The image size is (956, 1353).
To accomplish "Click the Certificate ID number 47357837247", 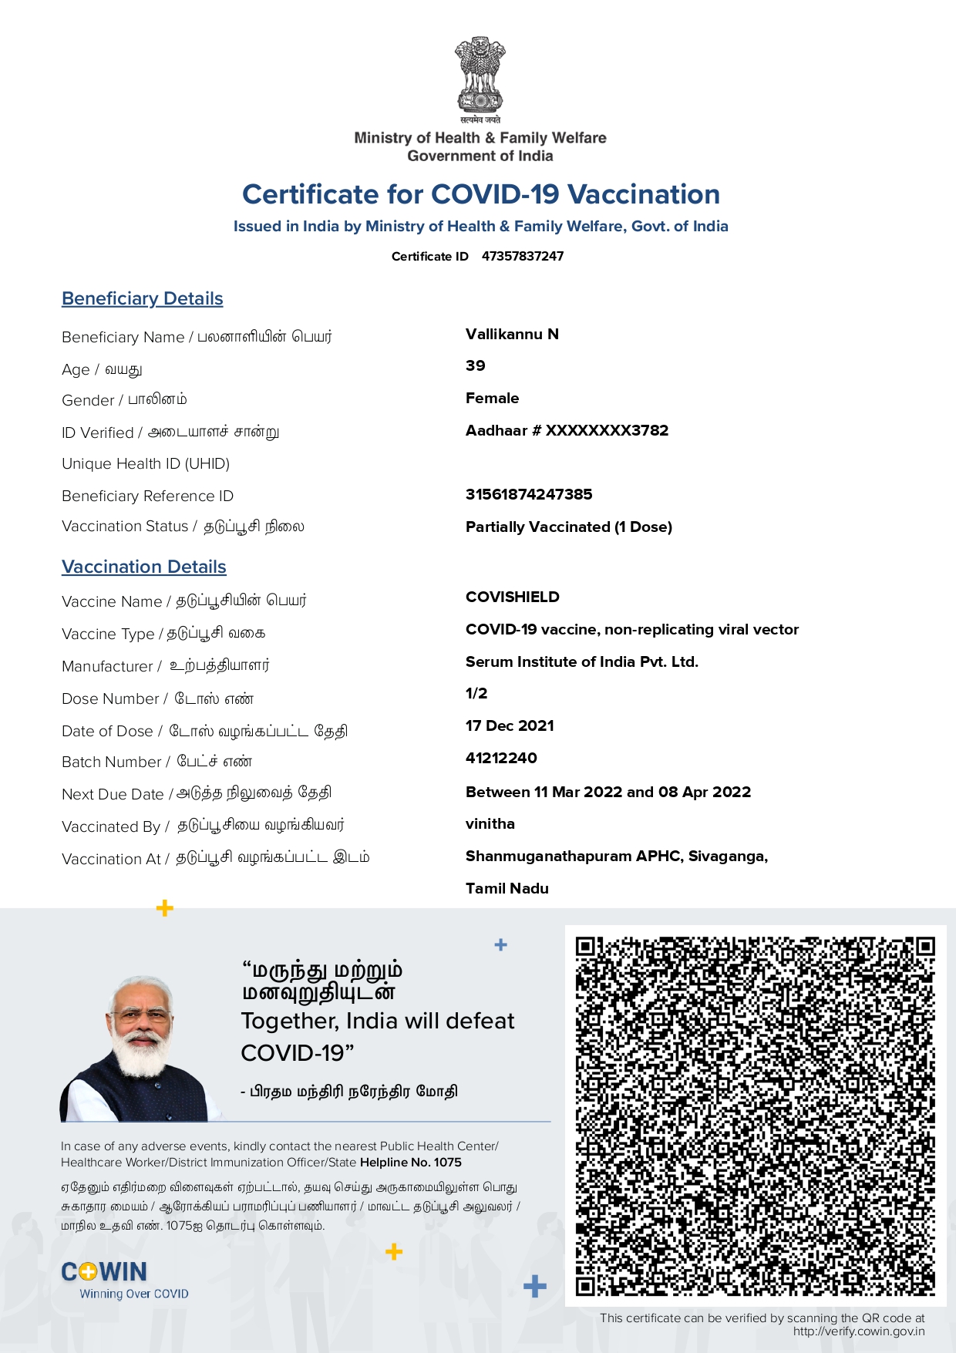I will [x=523, y=256].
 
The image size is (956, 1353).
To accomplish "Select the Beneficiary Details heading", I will [x=143, y=299].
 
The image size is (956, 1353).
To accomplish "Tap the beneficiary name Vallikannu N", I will [x=512, y=334].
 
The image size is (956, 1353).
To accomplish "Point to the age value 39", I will [x=476, y=366].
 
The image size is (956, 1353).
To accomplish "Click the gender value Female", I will [x=492, y=399].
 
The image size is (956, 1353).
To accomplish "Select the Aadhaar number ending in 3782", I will [x=567, y=430].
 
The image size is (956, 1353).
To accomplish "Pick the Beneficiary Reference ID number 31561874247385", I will [x=529, y=494].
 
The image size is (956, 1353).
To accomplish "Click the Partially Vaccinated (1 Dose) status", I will [x=568, y=527].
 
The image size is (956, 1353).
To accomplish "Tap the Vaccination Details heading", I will [x=144, y=567].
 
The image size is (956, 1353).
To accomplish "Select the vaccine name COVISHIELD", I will [x=513, y=597].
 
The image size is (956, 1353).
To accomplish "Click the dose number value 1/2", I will [x=476, y=693].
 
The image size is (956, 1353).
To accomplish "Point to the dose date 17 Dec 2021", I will [x=510, y=725].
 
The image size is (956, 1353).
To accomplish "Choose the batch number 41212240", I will [x=501, y=758].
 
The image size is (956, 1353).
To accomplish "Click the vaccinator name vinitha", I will [x=490, y=823].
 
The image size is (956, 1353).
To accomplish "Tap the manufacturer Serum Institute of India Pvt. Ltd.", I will [x=581, y=661].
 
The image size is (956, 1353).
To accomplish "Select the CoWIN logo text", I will [x=104, y=1272].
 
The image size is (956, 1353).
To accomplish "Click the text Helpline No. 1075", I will [x=411, y=1163].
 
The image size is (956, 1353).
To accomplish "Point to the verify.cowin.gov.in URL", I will [x=858, y=1331].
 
